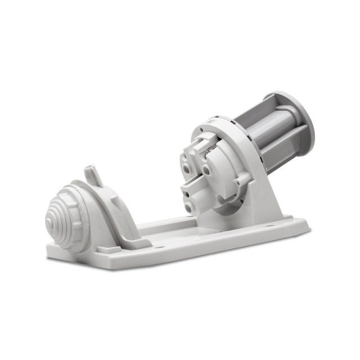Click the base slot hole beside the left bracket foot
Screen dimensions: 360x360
click(x=158, y=246)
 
